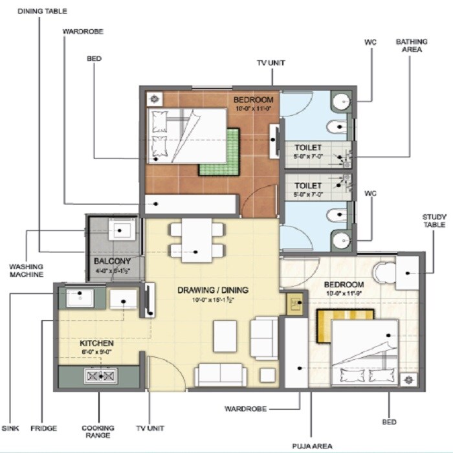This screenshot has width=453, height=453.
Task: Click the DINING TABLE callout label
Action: (42, 12)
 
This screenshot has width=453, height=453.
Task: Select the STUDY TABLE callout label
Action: (434, 221)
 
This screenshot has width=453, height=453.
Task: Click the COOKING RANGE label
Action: (98, 432)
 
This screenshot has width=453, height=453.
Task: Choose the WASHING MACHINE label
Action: (26, 270)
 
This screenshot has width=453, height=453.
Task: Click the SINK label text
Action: (10, 428)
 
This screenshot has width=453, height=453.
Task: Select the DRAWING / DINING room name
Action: (213, 290)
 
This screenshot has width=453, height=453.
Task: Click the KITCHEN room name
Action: (97, 342)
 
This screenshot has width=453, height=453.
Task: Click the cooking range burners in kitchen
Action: (100, 375)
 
